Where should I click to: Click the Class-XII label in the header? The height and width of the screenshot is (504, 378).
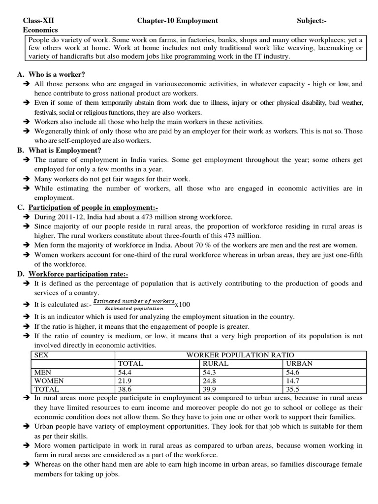pos(39,21)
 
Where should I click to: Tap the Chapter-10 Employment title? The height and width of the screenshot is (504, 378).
pos(177,21)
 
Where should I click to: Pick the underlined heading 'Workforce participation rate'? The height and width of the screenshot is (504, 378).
pos(78,274)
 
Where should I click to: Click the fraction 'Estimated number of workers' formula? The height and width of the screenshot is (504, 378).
pos(134,304)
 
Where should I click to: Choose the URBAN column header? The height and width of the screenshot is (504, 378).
pos(299,364)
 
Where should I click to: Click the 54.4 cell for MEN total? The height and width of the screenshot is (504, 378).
pos(126,372)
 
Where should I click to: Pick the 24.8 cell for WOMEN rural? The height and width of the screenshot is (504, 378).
pos(210,380)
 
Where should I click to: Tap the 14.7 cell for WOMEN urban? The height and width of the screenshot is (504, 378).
pos(292,380)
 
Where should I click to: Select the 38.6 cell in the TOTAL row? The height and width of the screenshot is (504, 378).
pos(126,389)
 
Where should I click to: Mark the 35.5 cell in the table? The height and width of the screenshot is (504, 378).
pos(292,389)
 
